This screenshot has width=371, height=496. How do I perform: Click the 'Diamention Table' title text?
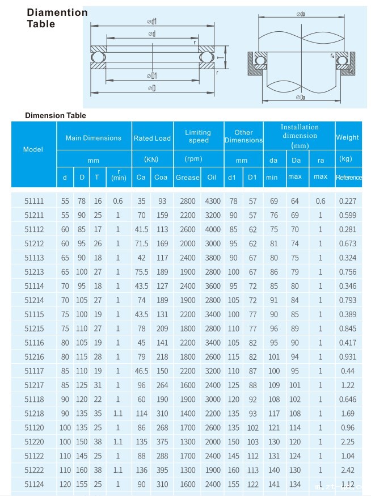(x=57, y=18)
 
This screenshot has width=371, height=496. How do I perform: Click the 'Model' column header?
(x=33, y=150)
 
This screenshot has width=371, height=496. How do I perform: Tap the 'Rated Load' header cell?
(x=152, y=138)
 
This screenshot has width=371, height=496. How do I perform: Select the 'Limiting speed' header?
(x=199, y=136)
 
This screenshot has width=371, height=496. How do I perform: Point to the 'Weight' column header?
(x=347, y=137)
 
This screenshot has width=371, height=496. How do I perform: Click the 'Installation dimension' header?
(x=300, y=136)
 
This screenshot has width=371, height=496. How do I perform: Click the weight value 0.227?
(x=347, y=201)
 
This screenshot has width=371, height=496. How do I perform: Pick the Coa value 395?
(x=162, y=470)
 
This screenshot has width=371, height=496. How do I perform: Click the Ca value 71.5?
(x=141, y=243)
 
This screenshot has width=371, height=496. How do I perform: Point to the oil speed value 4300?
(x=213, y=201)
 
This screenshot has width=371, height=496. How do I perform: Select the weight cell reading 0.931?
(x=347, y=356)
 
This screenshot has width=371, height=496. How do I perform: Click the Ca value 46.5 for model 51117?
(x=141, y=371)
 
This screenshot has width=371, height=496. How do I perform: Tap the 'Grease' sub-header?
(x=187, y=178)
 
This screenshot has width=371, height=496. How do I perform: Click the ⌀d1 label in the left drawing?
(x=152, y=22)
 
